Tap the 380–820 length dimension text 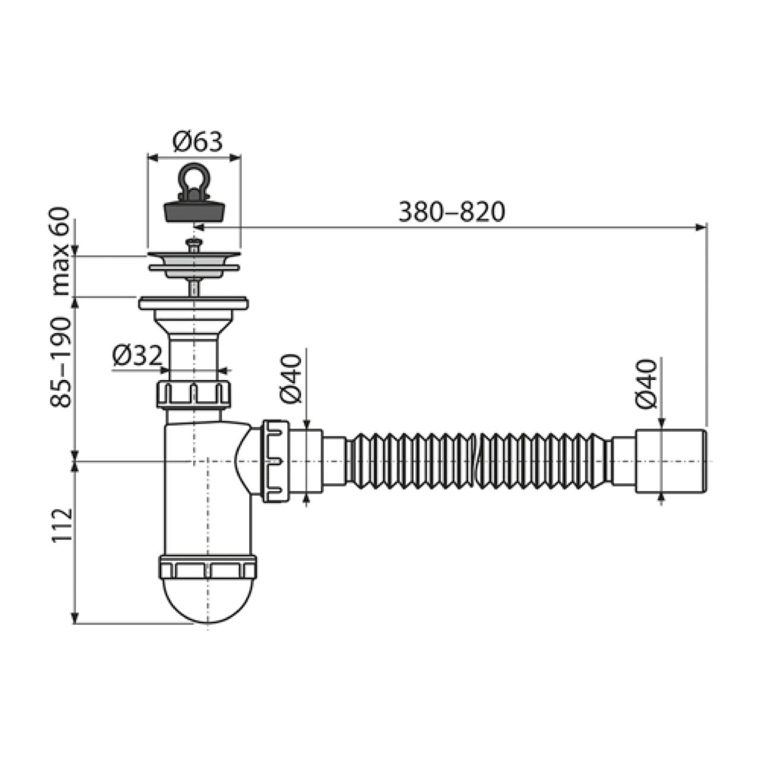[x=452, y=212]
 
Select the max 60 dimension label [x=61, y=252]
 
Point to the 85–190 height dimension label [x=61, y=362]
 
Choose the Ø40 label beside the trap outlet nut [x=291, y=378]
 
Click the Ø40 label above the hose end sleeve [x=647, y=384]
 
